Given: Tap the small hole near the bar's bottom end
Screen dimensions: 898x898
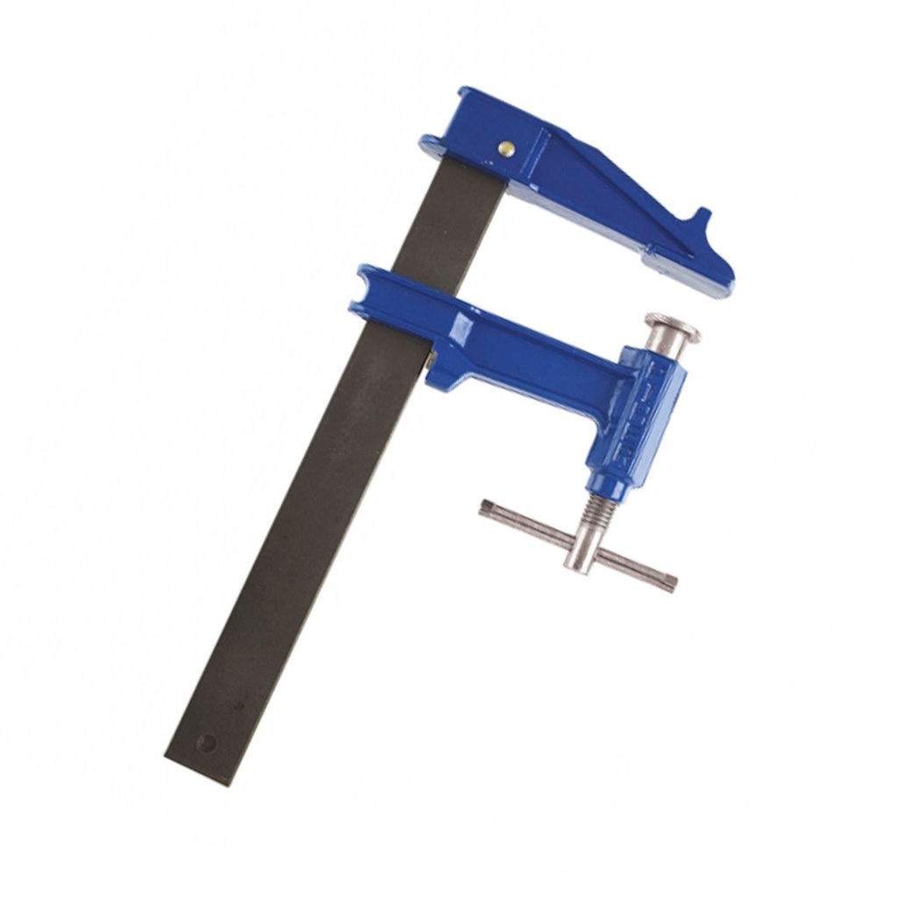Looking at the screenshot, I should (x=207, y=743).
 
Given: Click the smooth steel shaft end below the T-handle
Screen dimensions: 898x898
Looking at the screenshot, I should (x=580, y=561).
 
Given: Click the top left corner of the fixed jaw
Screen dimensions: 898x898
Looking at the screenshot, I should (x=463, y=90).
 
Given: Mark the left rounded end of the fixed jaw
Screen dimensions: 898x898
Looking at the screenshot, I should (x=428, y=142).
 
